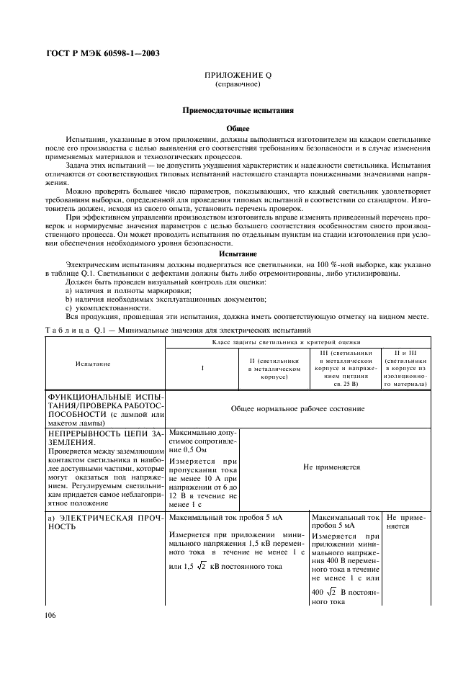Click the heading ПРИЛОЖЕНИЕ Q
237,76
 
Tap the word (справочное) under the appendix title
237,84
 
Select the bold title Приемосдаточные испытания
237,111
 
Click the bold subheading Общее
237,128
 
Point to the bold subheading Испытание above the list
237,253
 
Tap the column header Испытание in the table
93,364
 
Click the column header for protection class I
202,368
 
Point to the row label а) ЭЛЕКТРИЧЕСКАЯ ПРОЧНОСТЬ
106,521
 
